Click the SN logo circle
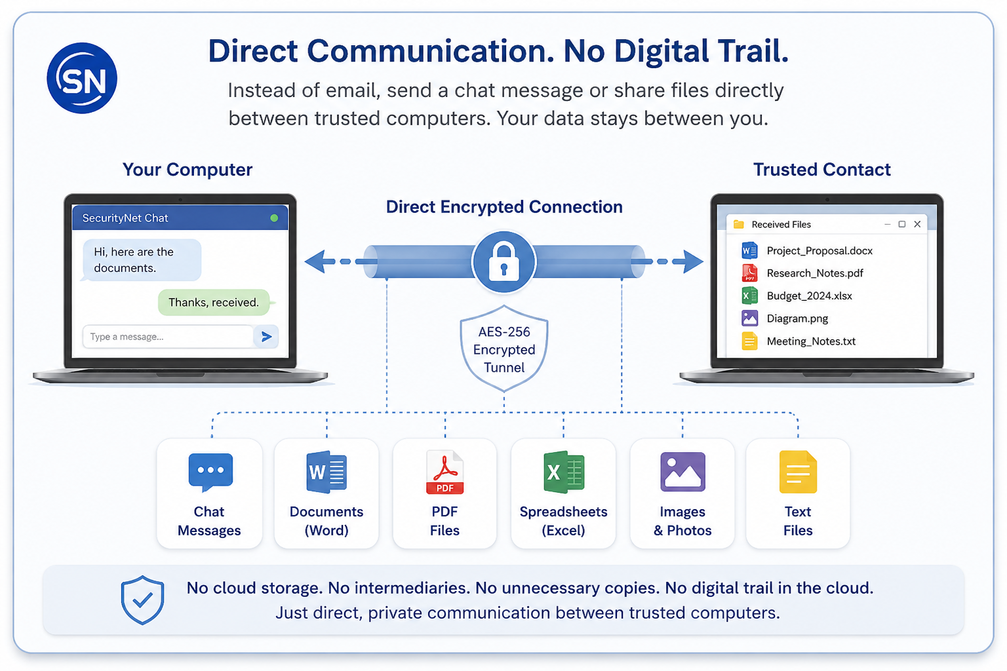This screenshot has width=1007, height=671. pos(82,78)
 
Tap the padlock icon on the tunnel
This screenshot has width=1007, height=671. pos(503,261)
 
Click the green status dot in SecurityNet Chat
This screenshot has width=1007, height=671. pos(274,218)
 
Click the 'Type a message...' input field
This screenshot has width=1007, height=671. pos(168,337)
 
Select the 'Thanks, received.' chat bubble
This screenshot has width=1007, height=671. pos(214,302)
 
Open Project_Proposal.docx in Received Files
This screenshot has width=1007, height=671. pos(807,250)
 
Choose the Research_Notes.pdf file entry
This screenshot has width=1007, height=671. pos(802,273)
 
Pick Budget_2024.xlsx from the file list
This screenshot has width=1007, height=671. pos(797,296)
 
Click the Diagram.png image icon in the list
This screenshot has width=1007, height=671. pos(749,318)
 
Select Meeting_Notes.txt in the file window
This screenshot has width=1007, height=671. pos(799,341)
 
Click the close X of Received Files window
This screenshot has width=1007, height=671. pos(918,224)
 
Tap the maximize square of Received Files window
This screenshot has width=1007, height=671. pos(902,224)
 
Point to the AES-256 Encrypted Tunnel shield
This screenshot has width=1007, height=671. pos(504,349)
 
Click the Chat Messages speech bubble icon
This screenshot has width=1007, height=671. pos(210,471)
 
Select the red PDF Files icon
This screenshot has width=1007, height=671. pos(444,472)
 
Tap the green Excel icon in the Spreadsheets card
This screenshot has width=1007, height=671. pos(564,472)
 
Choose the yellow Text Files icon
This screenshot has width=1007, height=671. pos(798,472)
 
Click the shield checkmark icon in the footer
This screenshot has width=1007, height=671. pos(142,600)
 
